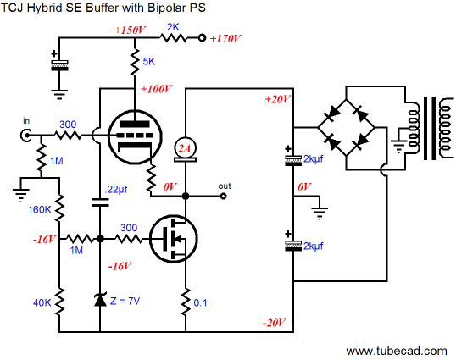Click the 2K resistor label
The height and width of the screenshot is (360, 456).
pyautogui.click(x=173, y=27)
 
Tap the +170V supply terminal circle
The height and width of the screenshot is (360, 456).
pyautogui.click(x=202, y=38)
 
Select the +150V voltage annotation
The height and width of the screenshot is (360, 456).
pyautogui.click(x=130, y=30)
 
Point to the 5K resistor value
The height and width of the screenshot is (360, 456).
pyautogui.click(x=149, y=61)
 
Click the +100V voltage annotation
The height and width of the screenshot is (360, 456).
pyautogui.click(x=156, y=89)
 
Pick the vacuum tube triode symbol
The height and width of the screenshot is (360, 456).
pyautogui.click(x=135, y=136)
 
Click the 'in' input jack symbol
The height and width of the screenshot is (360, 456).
pyautogui.click(x=26, y=136)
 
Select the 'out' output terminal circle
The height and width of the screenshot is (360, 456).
pyautogui.click(x=223, y=197)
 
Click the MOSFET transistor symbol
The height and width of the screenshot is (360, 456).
pyautogui.click(x=174, y=239)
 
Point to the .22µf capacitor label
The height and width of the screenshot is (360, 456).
pyautogui.click(x=116, y=190)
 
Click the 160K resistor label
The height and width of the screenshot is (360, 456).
pyautogui.click(x=40, y=209)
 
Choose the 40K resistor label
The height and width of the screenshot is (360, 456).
pyautogui.click(x=42, y=302)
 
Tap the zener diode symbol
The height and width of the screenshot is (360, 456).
pyautogui.click(x=100, y=300)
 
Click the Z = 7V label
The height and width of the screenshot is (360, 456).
pyautogui.click(x=125, y=301)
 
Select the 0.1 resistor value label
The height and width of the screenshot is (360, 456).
pyautogui.click(x=200, y=302)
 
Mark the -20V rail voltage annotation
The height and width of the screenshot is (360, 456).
pyautogui.click(x=275, y=323)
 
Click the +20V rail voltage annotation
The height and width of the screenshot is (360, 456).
pyautogui.click(x=278, y=99)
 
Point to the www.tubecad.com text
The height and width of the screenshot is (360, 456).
pyautogui.click(x=397, y=351)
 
